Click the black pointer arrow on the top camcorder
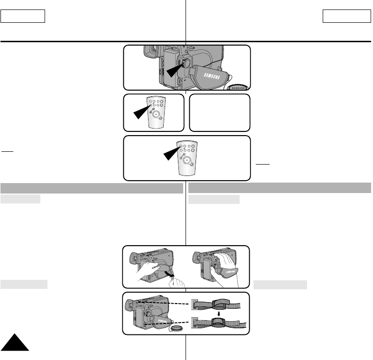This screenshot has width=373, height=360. point(176,70)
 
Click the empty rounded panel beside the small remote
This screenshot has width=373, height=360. point(219,112)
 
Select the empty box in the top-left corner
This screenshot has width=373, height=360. point(23,17)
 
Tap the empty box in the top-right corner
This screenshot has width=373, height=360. point(346,17)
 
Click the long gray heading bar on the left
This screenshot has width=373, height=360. point(92,188)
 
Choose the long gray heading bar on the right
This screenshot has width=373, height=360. point(280,188)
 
